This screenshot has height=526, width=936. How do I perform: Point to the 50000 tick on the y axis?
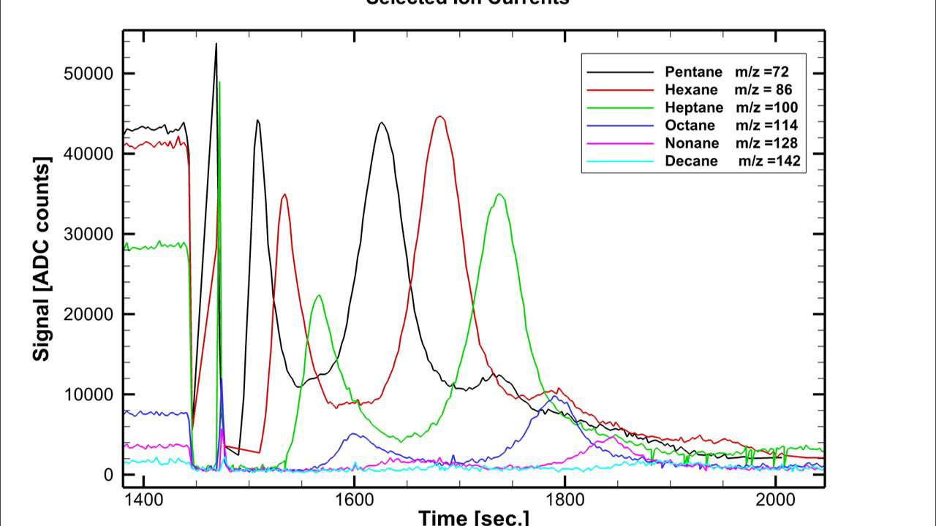(x=86, y=74)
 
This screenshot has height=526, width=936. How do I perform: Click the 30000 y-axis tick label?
(x=86, y=234)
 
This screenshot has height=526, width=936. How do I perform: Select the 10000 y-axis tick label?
(x=86, y=394)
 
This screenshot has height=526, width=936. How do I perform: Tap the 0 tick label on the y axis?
(x=108, y=475)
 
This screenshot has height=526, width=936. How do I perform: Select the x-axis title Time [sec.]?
(x=473, y=518)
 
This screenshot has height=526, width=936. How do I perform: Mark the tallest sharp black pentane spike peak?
(x=216, y=45)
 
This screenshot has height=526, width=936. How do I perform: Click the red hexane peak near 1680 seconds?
(x=439, y=117)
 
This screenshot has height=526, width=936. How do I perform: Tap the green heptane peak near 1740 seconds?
(x=499, y=194)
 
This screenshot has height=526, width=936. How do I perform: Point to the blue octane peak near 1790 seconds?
(x=554, y=398)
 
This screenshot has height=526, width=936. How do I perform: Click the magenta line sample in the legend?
(x=620, y=143)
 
